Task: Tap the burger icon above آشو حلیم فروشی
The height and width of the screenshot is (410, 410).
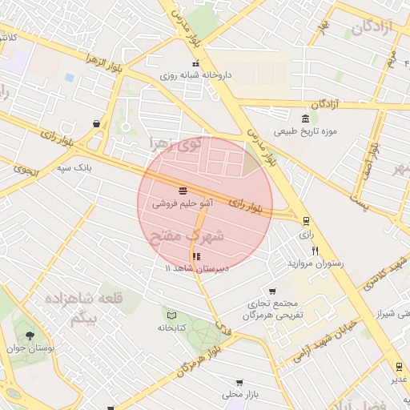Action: (183, 191)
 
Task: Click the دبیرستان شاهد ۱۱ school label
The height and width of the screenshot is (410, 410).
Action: (197, 267)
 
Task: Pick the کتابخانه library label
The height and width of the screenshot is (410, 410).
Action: (172, 328)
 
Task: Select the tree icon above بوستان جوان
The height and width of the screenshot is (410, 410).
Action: (30, 336)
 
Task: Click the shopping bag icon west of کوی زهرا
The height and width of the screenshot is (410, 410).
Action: (97, 123)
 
